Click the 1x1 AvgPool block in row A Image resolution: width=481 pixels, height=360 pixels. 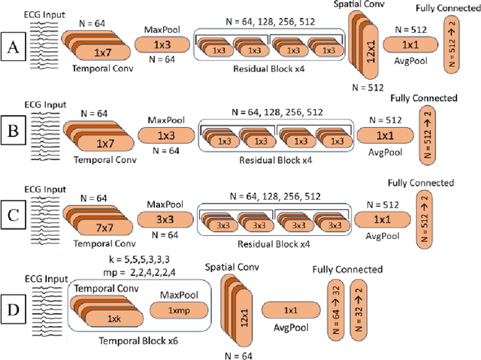pyautogui.click(x=410, y=46)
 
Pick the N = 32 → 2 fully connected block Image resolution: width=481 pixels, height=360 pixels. pyautogui.click(x=360, y=309)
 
